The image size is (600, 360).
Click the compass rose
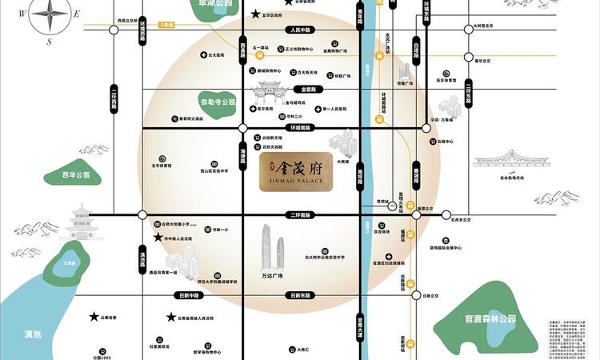click(49, 13)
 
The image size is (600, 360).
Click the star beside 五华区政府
click(254, 14)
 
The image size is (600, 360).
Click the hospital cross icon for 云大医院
click(203, 56)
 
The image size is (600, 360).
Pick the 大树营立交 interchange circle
click(468, 30)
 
